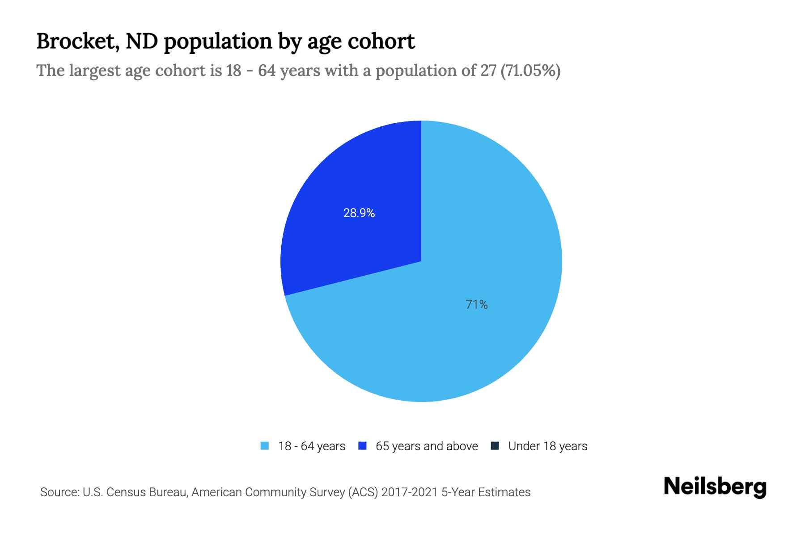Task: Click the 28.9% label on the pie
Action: pyautogui.click(x=359, y=213)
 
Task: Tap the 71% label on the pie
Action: pyautogui.click(x=476, y=305)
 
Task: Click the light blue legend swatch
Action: pyautogui.click(x=265, y=446)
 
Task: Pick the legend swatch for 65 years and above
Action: pyautogui.click(x=363, y=446)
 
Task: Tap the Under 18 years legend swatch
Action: pyautogui.click(x=495, y=446)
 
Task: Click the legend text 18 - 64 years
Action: pyautogui.click(x=312, y=446)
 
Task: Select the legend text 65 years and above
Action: pyautogui.click(x=427, y=446)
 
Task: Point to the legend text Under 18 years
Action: pyautogui.click(x=547, y=446)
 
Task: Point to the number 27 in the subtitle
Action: pyautogui.click(x=488, y=71)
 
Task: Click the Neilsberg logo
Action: pyautogui.click(x=715, y=486)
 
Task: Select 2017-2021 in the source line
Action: pyautogui.click(x=409, y=492)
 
